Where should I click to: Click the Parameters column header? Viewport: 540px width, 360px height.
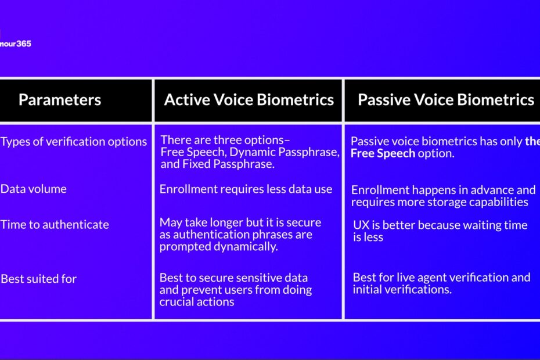[60, 100]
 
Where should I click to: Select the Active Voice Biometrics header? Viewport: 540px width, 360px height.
[249, 100]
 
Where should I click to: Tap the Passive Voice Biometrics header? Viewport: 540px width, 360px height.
[446, 100]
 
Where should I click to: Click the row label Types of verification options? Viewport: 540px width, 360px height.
[74, 142]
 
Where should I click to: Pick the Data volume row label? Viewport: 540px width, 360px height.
[34, 189]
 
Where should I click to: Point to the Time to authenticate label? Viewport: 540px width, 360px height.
[55, 225]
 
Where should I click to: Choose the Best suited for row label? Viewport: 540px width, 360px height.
[38, 279]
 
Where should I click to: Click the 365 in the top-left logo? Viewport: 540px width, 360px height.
[24, 44]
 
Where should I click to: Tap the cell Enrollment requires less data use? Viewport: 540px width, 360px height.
[246, 189]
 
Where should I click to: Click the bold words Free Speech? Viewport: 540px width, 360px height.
[383, 153]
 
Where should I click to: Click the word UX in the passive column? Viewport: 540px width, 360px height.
[361, 225]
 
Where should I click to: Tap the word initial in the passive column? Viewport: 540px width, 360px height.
[367, 289]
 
